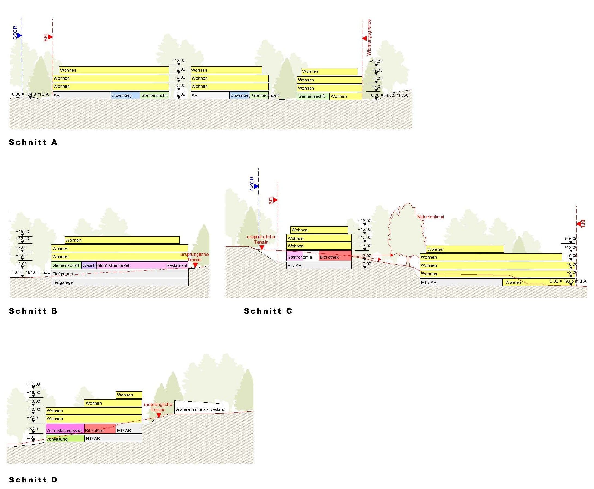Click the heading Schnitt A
[x=33, y=142]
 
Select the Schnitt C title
[x=268, y=311]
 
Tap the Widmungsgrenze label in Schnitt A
[x=369, y=37]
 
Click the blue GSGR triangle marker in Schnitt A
[x=19, y=35]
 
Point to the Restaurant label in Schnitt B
[x=177, y=265]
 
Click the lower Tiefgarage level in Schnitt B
[x=120, y=282]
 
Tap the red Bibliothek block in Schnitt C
[x=335, y=256]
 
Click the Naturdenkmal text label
[x=430, y=217]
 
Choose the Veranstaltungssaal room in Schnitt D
[x=65, y=429]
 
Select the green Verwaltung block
[x=65, y=439]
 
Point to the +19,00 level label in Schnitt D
[x=33, y=384]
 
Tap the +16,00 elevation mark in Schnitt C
[x=365, y=221]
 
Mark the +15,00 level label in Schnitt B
[x=22, y=231]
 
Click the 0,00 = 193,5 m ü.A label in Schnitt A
[x=389, y=95]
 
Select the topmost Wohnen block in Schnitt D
[x=129, y=395]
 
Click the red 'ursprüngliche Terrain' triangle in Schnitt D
[x=158, y=415]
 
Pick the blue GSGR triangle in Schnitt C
[x=256, y=186]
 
